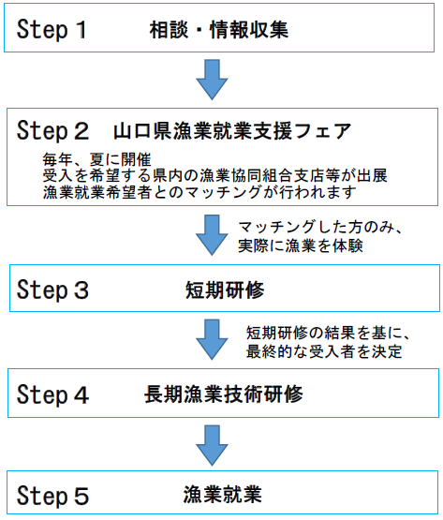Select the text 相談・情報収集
217,30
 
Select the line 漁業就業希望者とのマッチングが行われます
199,192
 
